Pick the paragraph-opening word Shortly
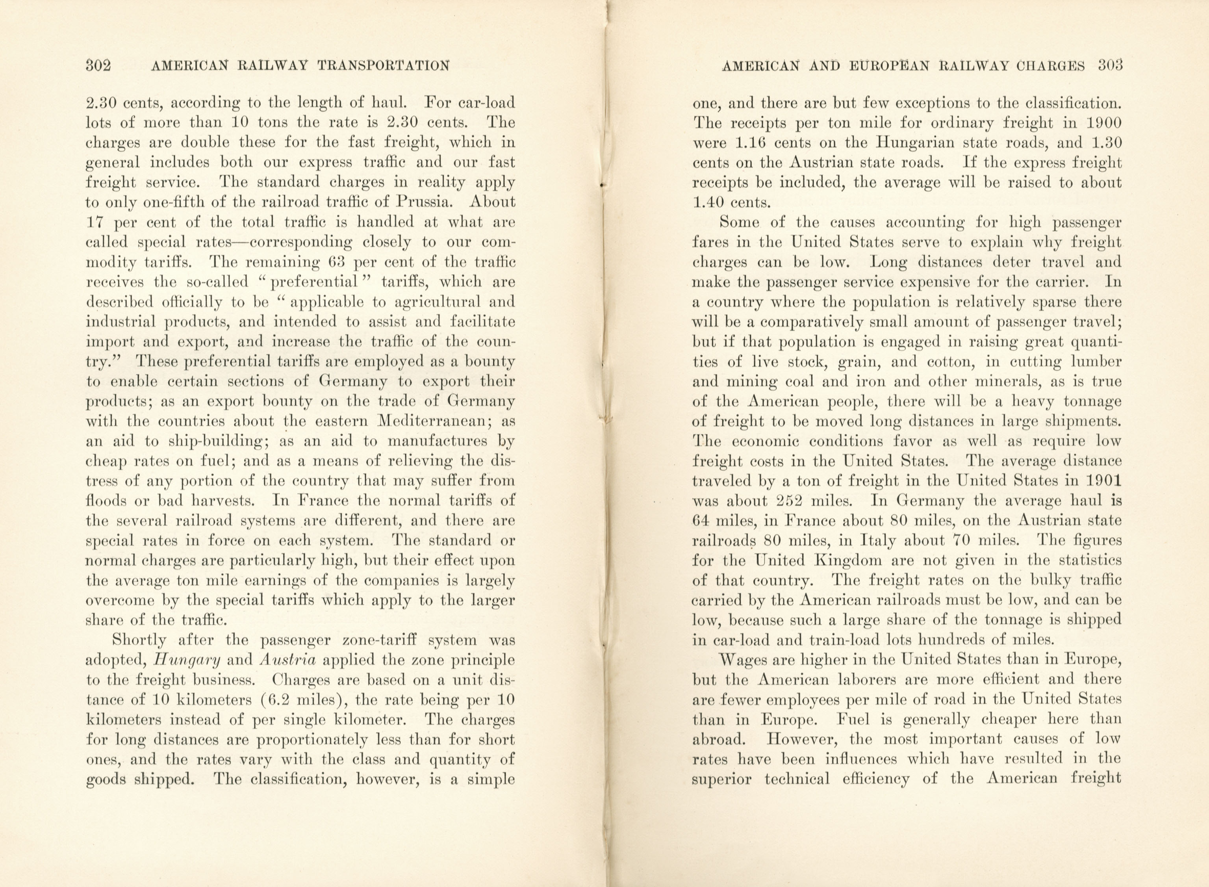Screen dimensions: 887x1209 point(138,640)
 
